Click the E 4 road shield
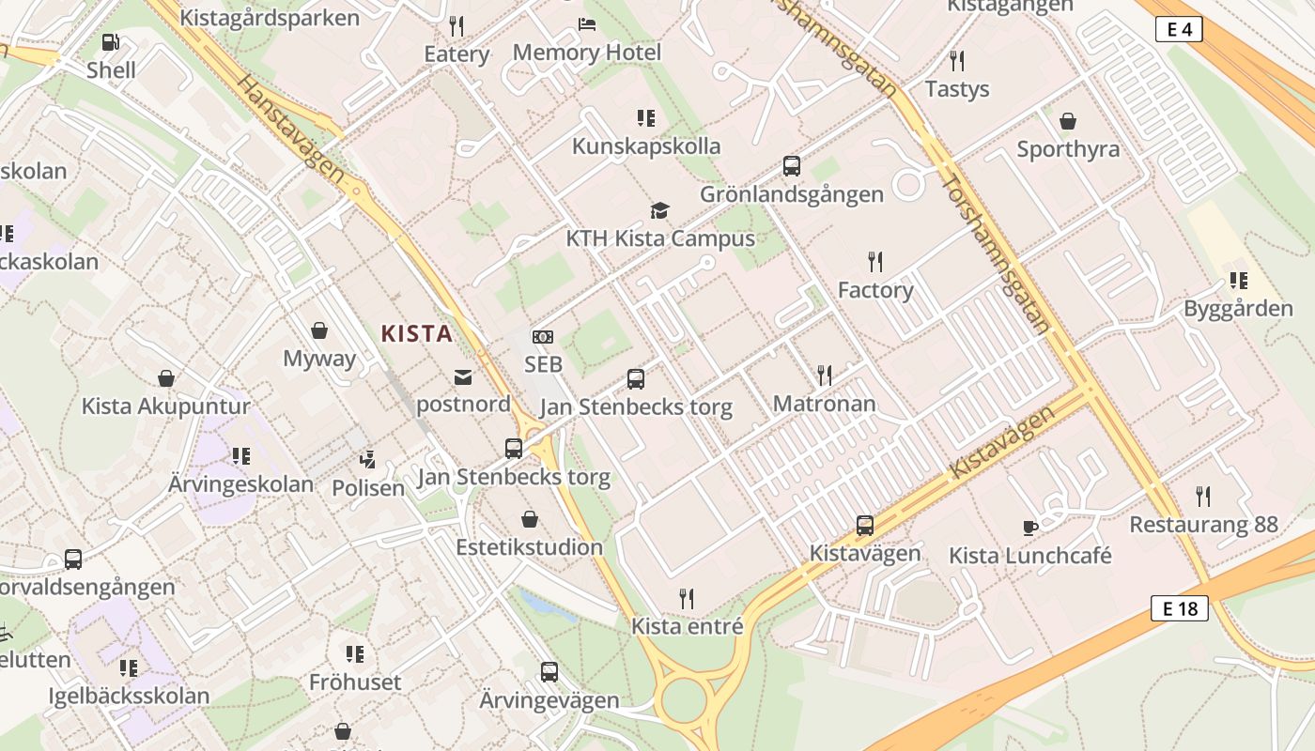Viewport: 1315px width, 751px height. (1179, 30)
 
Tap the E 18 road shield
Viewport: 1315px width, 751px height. (1180, 608)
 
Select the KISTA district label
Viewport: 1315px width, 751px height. (416, 333)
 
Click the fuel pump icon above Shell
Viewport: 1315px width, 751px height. (111, 42)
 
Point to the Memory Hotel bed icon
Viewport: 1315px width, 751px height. (587, 23)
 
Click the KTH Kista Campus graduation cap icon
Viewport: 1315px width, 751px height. (660, 210)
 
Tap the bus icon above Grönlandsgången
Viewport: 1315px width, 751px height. (792, 166)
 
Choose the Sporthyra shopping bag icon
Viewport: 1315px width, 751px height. (1068, 121)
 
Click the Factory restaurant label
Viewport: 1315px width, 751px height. (875, 290)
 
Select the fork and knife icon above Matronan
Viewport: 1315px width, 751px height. (825, 375)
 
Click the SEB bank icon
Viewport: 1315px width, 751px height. (543, 337)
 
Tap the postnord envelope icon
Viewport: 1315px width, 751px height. (463, 377)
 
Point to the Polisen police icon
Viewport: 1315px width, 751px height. (368, 460)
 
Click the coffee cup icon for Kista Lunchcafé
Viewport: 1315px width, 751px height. (1029, 528)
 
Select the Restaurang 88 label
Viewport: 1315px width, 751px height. (1203, 525)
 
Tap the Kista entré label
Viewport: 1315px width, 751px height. (687, 626)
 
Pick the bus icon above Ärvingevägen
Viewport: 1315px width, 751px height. (549, 672)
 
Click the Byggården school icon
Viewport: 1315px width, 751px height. (1238, 280)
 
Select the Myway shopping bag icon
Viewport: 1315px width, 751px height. (319, 330)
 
